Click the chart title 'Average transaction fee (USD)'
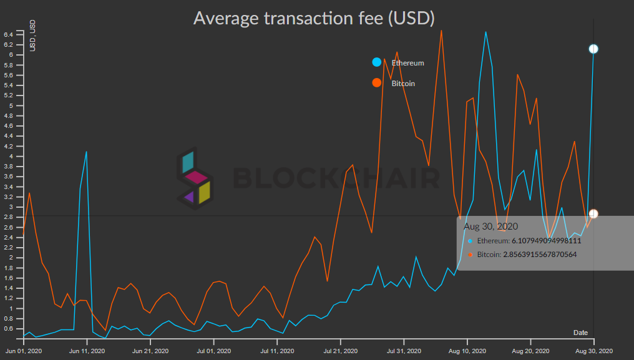pos(313,17)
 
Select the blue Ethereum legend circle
pos(377,62)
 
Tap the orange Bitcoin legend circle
pos(377,83)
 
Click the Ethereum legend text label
pos(407,63)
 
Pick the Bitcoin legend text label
pos(403,84)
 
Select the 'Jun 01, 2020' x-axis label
pos(24,351)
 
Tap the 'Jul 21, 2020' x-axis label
pos(341,351)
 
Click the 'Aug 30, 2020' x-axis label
pos(593,351)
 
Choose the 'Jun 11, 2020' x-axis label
pos(87,351)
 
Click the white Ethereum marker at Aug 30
pos(593,49)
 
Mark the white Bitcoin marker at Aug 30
pos(593,214)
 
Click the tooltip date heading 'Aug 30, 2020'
pos(490,226)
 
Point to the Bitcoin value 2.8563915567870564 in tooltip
pos(536,255)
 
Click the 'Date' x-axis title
pos(580,333)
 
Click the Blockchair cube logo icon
pos(193,178)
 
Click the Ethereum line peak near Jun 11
pos(86,152)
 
